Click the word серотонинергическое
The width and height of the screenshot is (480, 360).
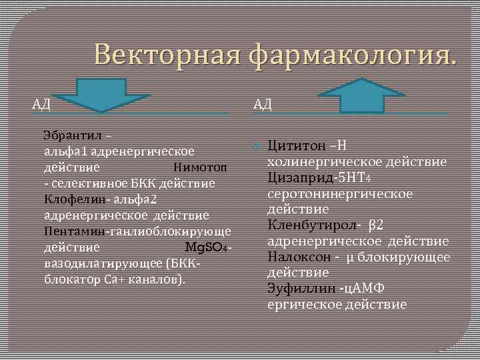tap(340, 193)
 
